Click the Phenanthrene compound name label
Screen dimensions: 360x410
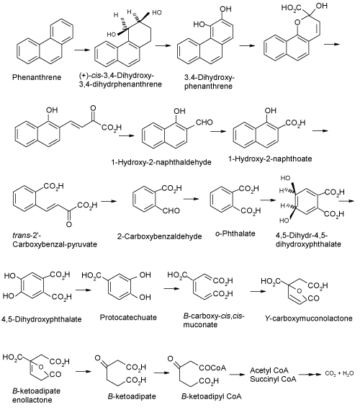(x=37, y=77)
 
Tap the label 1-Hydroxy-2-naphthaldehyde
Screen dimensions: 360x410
(x=161, y=162)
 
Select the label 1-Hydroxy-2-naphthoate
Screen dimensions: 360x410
(x=270, y=159)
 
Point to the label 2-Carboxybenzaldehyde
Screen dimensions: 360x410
(x=159, y=236)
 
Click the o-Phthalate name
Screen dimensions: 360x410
(x=235, y=233)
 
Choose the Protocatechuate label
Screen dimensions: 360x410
(x=128, y=318)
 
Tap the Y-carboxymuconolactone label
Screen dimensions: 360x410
(x=309, y=318)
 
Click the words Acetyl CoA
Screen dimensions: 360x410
(x=269, y=370)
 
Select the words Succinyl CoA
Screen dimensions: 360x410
(x=273, y=379)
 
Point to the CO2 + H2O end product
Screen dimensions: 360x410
(x=339, y=373)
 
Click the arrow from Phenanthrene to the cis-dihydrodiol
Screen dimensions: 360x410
(x=82, y=50)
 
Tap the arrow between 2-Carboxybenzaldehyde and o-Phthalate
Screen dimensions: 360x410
(x=191, y=199)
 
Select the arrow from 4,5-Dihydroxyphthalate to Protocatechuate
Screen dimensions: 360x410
(x=84, y=290)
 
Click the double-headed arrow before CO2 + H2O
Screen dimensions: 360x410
(x=310, y=375)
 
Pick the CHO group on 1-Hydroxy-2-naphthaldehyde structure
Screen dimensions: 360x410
(x=204, y=122)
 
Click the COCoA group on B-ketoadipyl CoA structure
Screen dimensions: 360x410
(x=212, y=368)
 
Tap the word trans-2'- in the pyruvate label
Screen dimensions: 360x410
(x=25, y=236)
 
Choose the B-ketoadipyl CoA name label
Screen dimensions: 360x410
(x=212, y=396)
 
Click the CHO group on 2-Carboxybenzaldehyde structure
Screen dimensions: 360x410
(x=171, y=210)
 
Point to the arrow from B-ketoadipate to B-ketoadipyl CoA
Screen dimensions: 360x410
(x=162, y=373)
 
